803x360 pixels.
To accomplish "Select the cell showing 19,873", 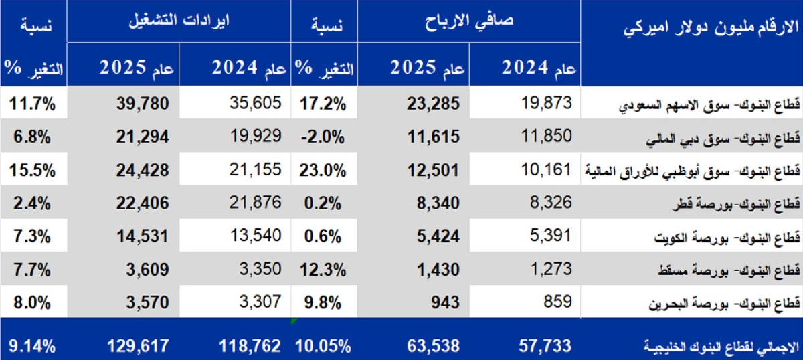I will coord(546,102).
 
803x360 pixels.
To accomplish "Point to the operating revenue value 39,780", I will coord(141,103).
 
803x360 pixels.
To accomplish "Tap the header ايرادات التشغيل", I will coord(179,22).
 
